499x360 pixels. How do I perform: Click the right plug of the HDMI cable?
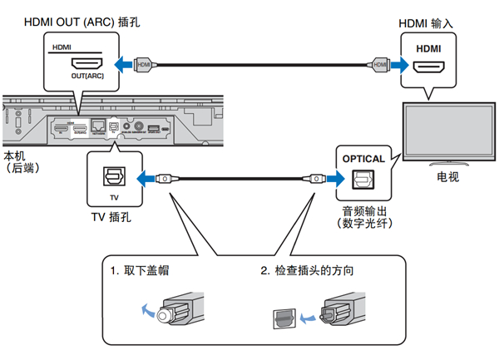click(379, 62)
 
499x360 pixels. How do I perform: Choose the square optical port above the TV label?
click(114, 177)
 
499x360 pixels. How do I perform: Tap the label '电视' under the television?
click(447, 178)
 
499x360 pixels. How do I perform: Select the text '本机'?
click(14, 155)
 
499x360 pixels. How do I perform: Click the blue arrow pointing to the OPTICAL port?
click(333, 177)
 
